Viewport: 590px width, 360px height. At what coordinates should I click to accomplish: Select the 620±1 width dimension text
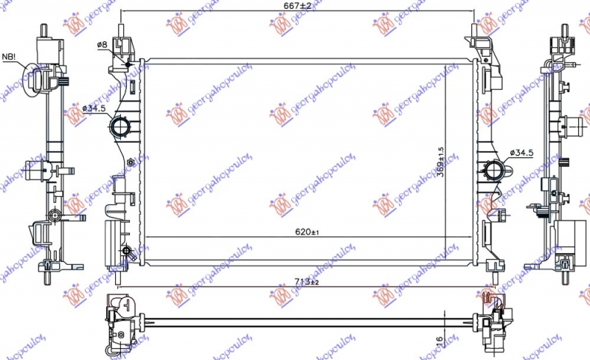coord(305,230)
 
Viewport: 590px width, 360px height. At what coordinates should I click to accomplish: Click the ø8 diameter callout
coord(103,45)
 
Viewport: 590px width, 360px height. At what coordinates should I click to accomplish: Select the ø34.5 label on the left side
coord(94,108)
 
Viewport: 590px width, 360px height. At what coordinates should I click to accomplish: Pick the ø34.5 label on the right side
coord(521,153)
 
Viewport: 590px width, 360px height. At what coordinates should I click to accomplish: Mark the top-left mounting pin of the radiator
coord(120,33)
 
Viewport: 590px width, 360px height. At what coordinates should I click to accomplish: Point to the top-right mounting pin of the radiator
coord(473,33)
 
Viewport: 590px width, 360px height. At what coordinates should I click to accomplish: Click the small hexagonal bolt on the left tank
coord(131,162)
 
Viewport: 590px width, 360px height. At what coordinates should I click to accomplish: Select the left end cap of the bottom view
coord(122,319)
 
